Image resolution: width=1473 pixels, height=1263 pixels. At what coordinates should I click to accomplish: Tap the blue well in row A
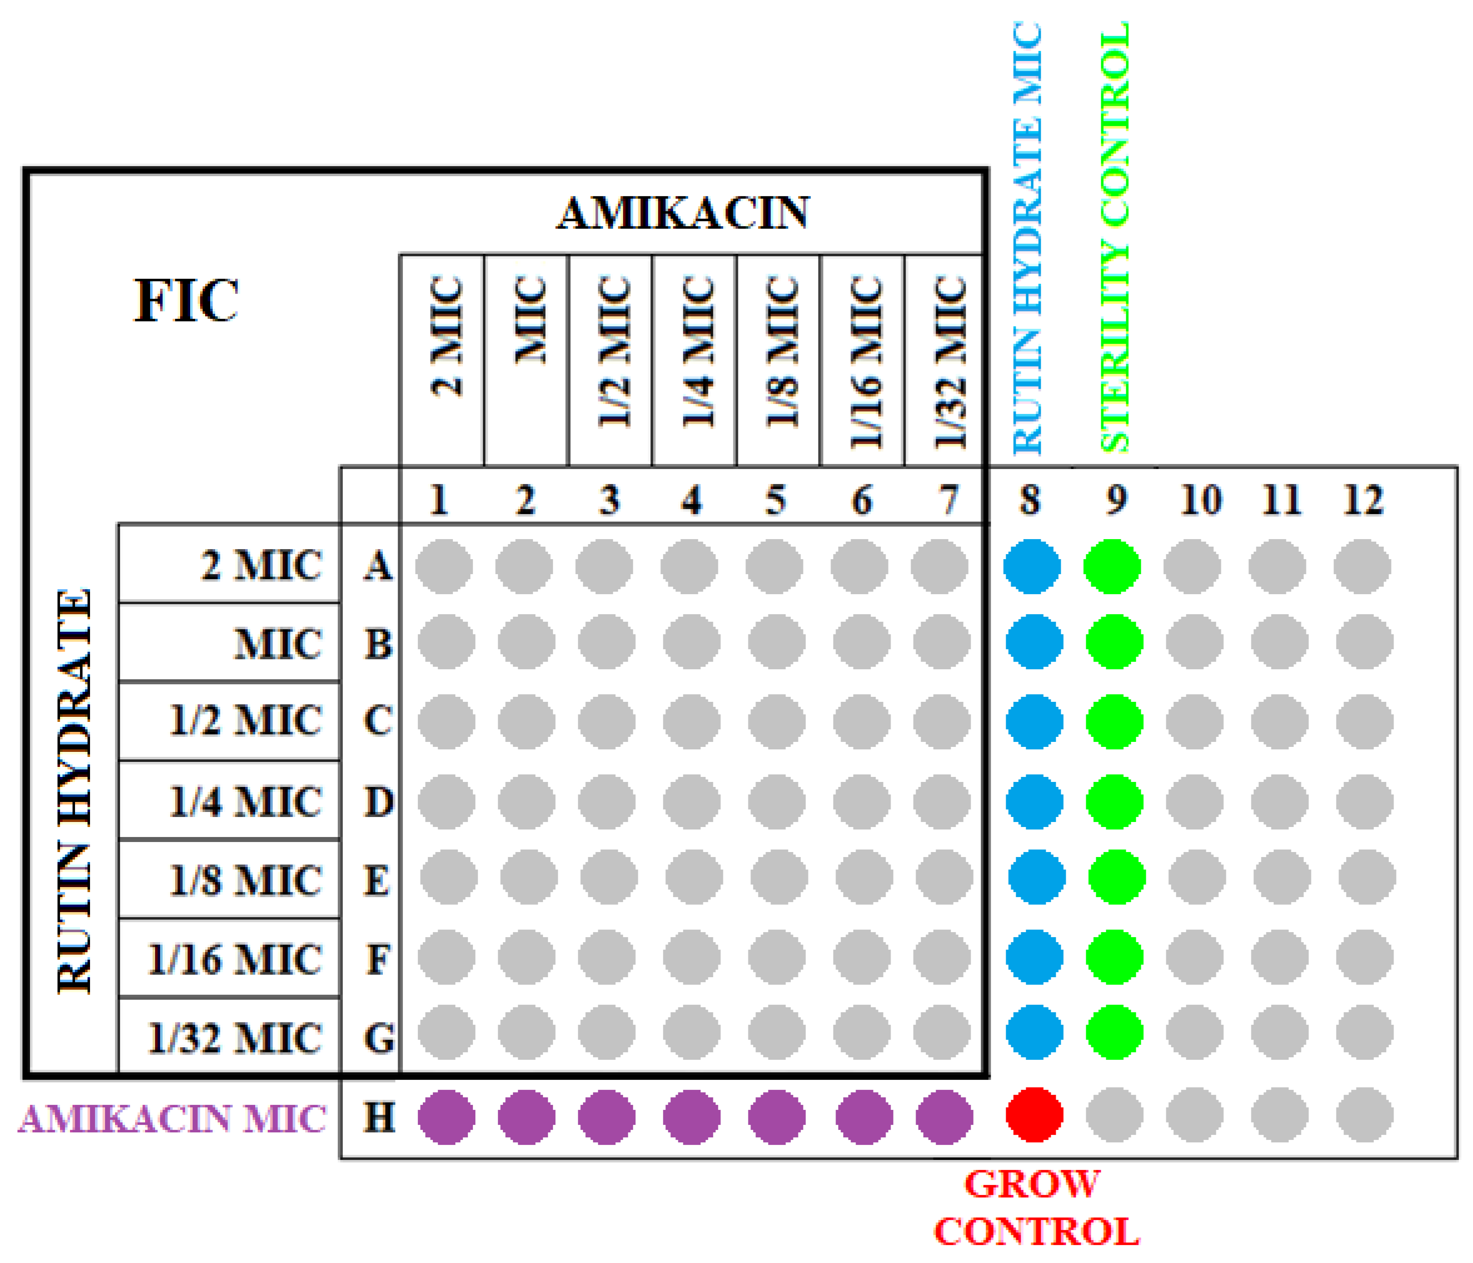coord(1032,566)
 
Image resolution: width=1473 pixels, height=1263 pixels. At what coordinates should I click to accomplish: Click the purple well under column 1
coord(446,1116)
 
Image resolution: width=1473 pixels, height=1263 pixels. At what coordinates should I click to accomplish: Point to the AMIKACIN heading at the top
coord(682,213)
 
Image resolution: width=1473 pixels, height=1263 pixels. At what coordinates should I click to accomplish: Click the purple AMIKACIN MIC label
coord(172,1119)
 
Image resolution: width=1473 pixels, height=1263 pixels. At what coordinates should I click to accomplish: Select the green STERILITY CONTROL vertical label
coord(1114,237)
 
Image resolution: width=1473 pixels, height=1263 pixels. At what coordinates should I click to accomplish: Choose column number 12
coord(1363,500)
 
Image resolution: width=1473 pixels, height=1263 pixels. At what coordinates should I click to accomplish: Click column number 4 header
coord(691,500)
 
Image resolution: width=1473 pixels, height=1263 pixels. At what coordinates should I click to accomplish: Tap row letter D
coord(379,801)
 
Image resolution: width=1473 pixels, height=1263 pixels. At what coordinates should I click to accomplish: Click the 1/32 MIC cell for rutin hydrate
coord(235,1038)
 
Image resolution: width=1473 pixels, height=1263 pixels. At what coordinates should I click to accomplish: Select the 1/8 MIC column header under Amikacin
coord(781,352)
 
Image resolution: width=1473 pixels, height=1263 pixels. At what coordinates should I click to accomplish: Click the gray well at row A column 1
coord(444,566)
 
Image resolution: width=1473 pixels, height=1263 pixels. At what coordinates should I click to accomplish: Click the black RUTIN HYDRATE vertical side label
coord(75,789)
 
